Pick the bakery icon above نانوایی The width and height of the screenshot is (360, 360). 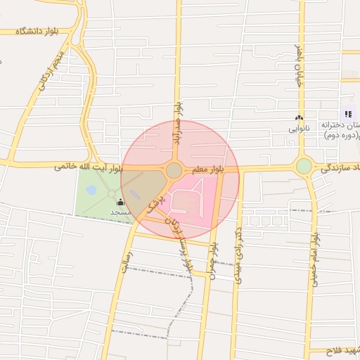[299, 118]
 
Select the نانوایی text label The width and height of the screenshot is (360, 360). [299, 129]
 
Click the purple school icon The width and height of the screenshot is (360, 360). [347, 114]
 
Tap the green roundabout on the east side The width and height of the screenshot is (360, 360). [304, 167]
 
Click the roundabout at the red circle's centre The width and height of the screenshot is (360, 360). [174, 170]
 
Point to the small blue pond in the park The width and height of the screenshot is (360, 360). [92, 190]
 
